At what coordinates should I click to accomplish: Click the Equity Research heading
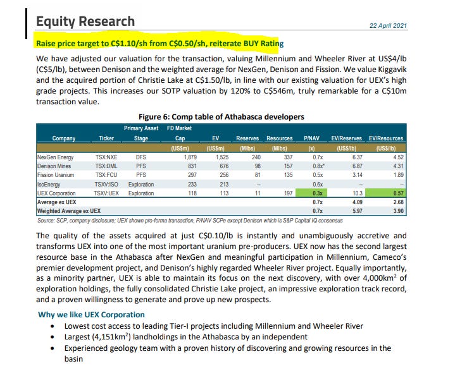pos(85,22)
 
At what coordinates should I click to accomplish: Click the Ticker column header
pos(106,138)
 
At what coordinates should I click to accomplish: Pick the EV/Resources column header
pos(385,138)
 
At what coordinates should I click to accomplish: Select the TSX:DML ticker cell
pos(106,166)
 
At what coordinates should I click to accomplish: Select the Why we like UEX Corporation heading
pos(91,314)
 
